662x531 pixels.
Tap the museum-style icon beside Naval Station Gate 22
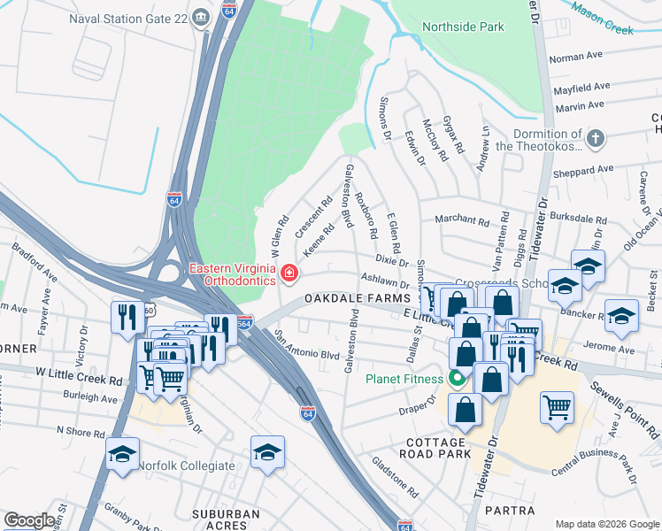click(x=201, y=15)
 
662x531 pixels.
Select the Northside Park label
click(x=463, y=27)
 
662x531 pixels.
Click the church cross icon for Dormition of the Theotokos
click(x=597, y=139)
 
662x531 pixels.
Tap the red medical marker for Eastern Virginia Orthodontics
click(x=289, y=274)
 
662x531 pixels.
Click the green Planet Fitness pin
click(x=457, y=380)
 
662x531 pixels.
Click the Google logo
click(x=29, y=520)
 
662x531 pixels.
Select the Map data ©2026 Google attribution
click(x=606, y=524)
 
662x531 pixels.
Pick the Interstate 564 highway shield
click(x=245, y=322)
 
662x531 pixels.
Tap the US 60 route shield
click(x=150, y=312)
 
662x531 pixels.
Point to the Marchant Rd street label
click(x=461, y=220)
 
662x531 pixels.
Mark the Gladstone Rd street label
click(x=395, y=474)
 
